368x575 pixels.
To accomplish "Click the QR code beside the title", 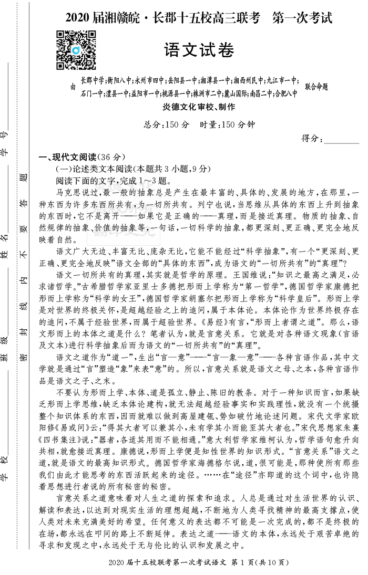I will point(76,50).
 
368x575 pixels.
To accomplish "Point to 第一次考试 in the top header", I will point(302,18).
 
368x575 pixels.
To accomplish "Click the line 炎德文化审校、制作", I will point(199,107).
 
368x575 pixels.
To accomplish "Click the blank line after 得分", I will point(342,139).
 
